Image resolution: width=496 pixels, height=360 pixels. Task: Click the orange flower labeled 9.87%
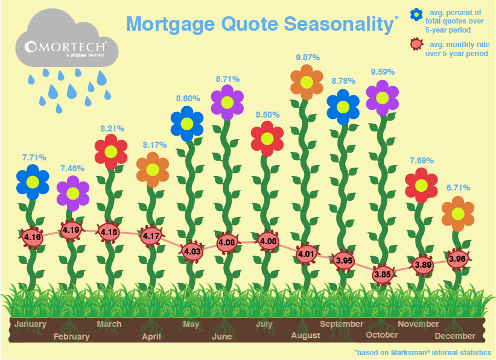tap(307, 82)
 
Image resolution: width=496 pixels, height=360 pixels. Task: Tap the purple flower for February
tap(73, 193)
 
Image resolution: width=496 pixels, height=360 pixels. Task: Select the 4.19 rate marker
tap(71, 230)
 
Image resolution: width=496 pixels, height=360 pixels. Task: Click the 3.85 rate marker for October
tap(383, 274)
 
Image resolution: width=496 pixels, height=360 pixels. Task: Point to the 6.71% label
tap(458, 188)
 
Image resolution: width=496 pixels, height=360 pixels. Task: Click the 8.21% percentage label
tap(112, 128)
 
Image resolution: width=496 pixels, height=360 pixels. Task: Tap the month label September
tap(342, 324)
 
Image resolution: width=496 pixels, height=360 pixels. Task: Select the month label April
tap(151, 336)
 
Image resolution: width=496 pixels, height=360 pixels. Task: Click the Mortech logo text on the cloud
tap(65, 47)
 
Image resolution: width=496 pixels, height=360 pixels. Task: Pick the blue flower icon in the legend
tap(416, 14)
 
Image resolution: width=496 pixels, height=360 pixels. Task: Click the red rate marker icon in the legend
tap(416, 45)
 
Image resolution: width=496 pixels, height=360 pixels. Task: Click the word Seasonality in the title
tap(339, 24)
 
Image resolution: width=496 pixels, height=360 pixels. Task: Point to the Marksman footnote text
tap(423, 352)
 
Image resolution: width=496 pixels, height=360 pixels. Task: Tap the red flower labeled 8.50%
tap(267, 139)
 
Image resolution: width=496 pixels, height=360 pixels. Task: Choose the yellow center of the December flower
tap(458, 214)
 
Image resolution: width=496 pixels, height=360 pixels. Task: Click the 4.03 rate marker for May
tap(192, 251)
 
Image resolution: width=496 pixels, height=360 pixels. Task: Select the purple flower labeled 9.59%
tap(382, 98)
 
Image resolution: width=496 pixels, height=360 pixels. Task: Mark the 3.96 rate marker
tap(457, 259)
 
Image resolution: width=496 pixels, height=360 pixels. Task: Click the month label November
tap(418, 324)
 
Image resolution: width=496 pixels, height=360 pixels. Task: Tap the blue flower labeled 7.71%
tap(33, 182)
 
